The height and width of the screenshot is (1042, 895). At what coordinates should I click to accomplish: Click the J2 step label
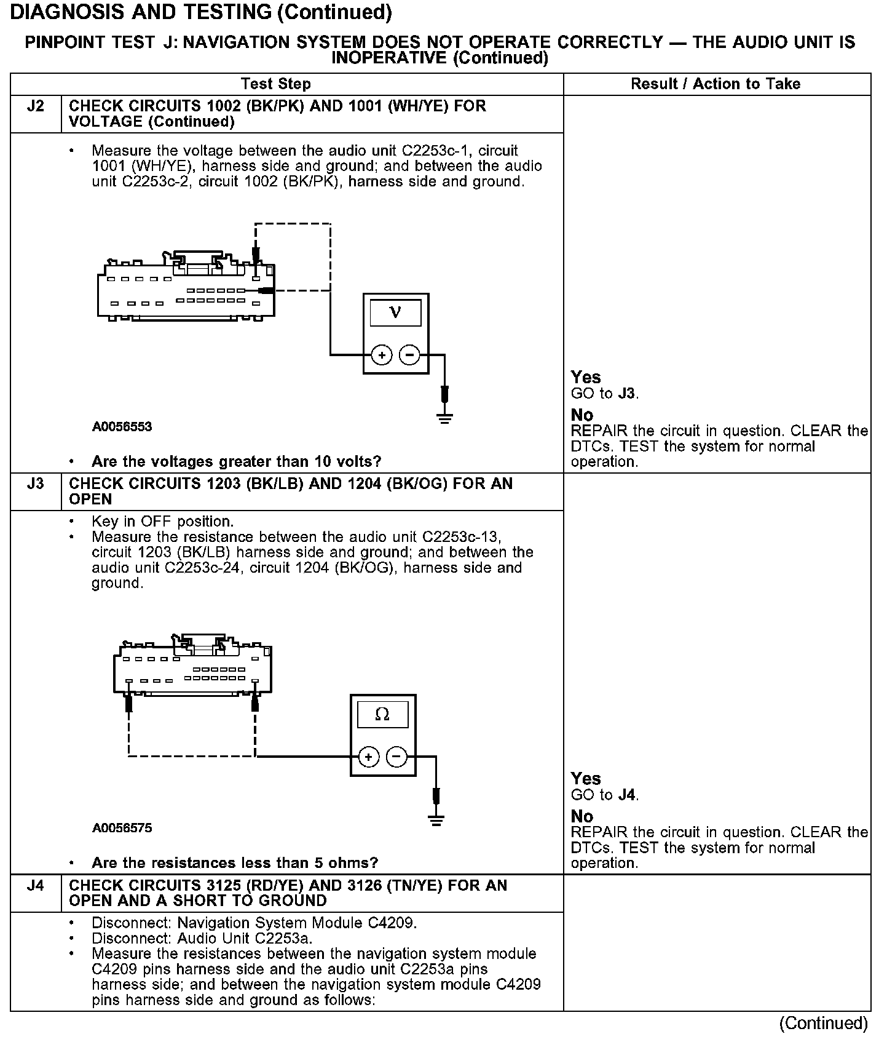[x=36, y=106]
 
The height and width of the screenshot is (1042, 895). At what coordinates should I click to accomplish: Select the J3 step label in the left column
[x=36, y=484]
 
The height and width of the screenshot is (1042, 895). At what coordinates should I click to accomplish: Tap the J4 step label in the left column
[x=36, y=886]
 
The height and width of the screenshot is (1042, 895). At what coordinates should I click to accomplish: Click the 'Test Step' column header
[x=276, y=84]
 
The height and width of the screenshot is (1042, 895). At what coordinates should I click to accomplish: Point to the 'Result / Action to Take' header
[x=716, y=84]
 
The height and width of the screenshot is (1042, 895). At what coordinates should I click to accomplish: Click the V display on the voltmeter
[x=395, y=312]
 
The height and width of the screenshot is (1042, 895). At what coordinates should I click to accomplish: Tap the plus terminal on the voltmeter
[x=382, y=355]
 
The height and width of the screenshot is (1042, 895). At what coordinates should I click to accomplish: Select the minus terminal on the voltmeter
[x=409, y=355]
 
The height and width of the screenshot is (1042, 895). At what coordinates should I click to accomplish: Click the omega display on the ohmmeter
[x=382, y=714]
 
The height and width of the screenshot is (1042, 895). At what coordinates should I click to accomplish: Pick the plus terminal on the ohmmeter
[x=368, y=757]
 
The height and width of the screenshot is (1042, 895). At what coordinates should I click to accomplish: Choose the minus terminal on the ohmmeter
[x=396, y=757]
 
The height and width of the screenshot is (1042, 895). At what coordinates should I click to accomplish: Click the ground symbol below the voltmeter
[x=445, y=418]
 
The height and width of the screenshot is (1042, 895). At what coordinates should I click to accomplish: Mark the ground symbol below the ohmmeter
[x=436, y=820]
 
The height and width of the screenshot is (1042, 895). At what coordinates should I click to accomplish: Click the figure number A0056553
[x=122, y=427]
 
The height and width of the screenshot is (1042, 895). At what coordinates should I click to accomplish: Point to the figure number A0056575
[x=122, y=828]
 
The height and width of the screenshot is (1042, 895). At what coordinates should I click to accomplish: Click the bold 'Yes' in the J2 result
[x=585, y=377]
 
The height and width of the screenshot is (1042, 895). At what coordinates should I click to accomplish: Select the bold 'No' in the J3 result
[x=582, y=816]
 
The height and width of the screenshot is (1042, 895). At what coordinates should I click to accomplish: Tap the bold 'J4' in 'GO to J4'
[x=627, y=795]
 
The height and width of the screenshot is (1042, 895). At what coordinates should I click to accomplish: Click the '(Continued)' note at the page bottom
[x=823, y=1023]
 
